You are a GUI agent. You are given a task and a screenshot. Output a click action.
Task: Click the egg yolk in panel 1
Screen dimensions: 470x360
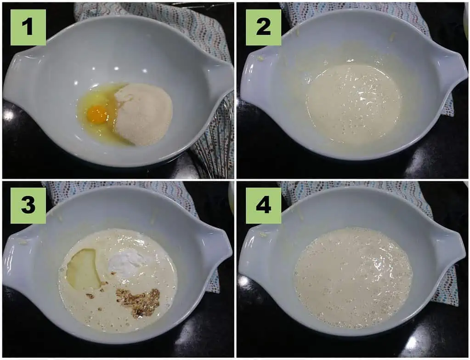pyautogui.click(x=98, y=114)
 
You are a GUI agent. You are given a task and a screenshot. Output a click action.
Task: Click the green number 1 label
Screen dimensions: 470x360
pyautogui.click(x=28, y=27)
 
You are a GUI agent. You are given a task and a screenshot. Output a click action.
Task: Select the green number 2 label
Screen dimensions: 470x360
pyautogui.click(x=263, y=27)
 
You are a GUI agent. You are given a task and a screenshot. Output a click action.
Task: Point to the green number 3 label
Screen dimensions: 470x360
pyautogui.click(x=28, y=205)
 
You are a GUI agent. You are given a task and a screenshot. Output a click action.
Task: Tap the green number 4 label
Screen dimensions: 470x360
pyautogui.click(x=263, y=205)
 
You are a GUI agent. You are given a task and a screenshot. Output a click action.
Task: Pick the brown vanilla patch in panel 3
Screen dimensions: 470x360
pyautogui.click(x=138, y=302)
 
